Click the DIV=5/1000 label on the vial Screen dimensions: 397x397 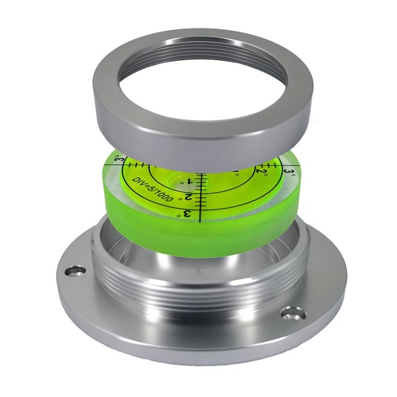click(153, 189)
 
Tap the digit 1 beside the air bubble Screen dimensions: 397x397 click(189, 181)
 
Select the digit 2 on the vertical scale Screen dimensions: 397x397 click(189, 197)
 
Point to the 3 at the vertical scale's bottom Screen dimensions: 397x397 click(187, 214)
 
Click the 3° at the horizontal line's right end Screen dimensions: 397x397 click(289, 171)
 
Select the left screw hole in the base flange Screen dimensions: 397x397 click(75, 271)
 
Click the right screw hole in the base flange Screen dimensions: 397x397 click(294, 313)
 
